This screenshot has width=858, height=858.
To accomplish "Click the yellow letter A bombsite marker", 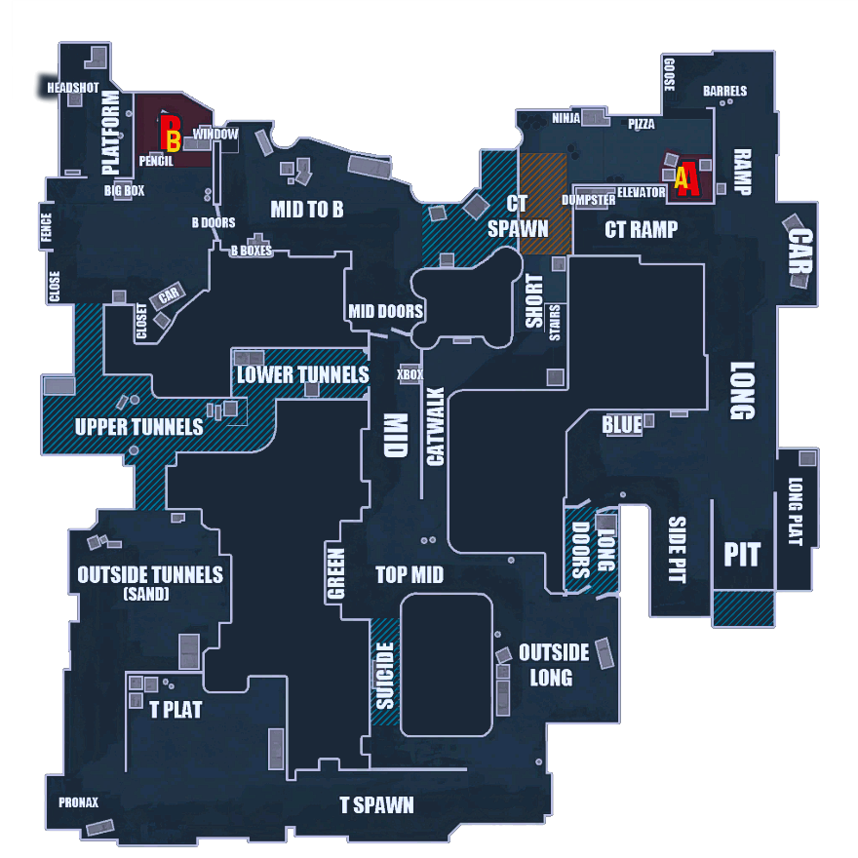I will [681, 177].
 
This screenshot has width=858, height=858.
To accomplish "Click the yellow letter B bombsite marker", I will [172, 132].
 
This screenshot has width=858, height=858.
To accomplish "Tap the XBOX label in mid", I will [410, 374].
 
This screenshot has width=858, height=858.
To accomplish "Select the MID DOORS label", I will [386, 312].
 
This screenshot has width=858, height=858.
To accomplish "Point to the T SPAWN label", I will [376, 805].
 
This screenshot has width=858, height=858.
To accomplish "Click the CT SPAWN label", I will [518, 216].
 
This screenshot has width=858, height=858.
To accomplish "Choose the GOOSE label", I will [669, 75].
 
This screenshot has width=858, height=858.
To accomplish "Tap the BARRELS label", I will [724, 92].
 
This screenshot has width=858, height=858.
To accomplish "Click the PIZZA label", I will [642, 125].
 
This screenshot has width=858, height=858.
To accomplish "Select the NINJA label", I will [566, 119].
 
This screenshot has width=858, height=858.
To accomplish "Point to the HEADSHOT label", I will [74, 88].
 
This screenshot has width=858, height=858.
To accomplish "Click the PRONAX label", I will [78, 803].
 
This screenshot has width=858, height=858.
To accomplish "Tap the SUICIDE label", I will [385, 675].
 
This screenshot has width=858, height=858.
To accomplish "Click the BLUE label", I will [622, 425].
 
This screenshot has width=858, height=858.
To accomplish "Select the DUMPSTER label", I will [588, 200].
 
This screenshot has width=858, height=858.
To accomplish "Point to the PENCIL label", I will [156, 161].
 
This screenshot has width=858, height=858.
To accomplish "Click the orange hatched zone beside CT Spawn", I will [541, 203].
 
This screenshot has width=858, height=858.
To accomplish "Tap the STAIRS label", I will [555, 322].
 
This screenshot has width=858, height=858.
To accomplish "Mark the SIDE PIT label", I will [677, 550].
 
